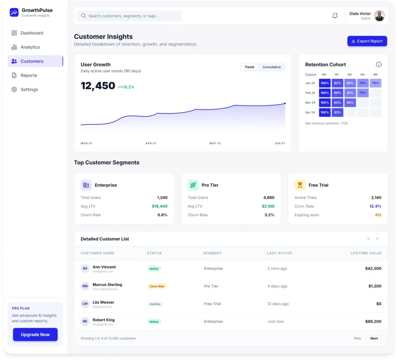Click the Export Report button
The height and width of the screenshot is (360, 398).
click(367, 41)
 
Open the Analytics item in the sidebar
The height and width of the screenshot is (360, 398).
click(30, 47)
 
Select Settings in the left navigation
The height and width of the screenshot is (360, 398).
click(29, 90)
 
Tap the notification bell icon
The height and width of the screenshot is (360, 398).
click(335, 16)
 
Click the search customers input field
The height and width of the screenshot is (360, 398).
click(129, 16)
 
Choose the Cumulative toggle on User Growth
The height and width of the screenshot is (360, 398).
click(271, 67)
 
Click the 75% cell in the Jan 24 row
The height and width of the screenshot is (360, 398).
click(375, 83)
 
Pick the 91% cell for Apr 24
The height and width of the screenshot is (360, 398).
click(337, 113)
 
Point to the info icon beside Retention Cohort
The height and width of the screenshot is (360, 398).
click(379, 64)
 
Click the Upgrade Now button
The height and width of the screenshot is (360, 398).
click(35, 335)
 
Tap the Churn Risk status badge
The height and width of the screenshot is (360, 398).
click(157, 286)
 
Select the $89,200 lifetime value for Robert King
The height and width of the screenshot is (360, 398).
click(373, 322)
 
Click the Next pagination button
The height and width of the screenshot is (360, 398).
click(374, 338)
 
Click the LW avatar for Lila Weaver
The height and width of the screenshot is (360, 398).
click(85, 304)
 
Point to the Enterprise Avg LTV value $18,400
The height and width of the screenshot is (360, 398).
click(160, 207)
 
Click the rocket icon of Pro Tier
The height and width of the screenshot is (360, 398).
click(193, 185)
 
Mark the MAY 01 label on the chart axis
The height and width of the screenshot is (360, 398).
click(215, 143)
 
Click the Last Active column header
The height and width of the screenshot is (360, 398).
click(279, 253)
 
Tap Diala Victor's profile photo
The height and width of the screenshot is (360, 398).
click(379, 16)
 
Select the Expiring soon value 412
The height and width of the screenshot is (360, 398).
click(378, 215)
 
